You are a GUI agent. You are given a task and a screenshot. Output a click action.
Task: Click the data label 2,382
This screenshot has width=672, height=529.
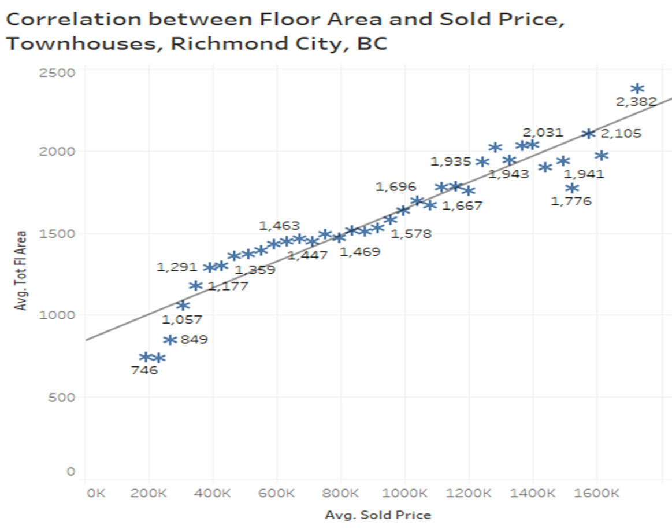coord(636,102)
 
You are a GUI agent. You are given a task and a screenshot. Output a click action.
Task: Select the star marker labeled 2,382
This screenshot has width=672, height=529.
coord(637,89)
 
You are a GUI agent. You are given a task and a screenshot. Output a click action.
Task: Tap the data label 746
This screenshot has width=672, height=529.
coord(144,370)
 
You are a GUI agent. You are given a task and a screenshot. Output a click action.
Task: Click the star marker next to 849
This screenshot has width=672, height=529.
coord(169,340)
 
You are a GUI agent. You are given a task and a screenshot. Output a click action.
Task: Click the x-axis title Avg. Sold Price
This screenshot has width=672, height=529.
coord(377,515)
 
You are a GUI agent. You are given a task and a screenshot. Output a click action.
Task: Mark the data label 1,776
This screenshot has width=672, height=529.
coord(571,201)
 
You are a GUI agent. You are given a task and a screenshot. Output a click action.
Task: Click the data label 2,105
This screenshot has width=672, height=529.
coord(621,134)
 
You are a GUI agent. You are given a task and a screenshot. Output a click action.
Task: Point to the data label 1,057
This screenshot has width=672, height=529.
coord(182,319)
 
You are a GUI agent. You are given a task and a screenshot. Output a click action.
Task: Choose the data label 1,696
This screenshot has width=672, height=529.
coord(396,186)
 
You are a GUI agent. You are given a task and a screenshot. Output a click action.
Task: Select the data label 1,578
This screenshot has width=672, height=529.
coord(411,234)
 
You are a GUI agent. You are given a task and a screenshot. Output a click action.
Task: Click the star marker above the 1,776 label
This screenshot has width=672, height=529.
coord(572,188)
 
